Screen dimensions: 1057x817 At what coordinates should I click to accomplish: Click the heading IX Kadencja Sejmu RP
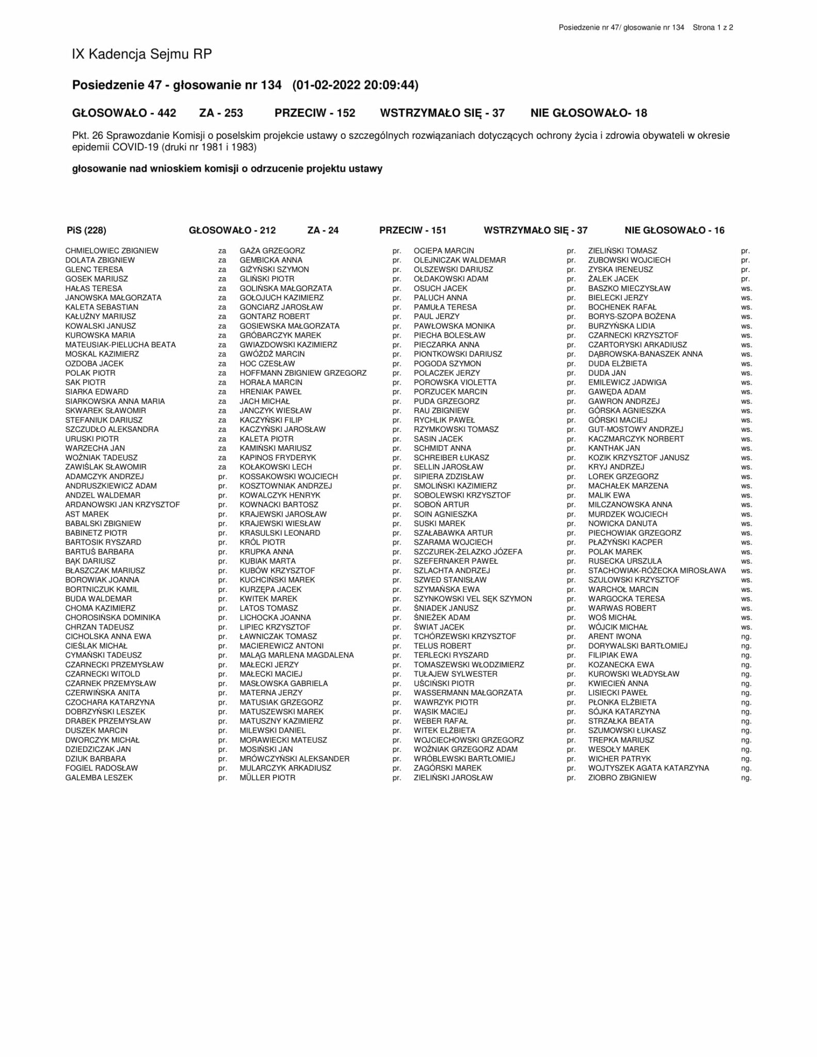142,54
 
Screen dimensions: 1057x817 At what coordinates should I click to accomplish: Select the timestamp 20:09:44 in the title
391,85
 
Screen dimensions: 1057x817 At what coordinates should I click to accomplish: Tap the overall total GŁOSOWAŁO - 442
124,113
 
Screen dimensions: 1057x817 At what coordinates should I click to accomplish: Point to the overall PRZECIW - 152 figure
315,113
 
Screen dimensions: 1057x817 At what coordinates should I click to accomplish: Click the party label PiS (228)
86,230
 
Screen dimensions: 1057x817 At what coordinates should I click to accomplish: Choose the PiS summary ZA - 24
323,230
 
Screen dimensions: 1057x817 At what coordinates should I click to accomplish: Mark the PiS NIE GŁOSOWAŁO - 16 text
674,230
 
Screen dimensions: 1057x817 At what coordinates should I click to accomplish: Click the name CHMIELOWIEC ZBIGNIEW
112,251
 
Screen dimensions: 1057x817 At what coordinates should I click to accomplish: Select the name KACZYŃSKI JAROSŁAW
282,429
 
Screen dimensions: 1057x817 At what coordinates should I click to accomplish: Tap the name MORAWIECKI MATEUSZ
283,740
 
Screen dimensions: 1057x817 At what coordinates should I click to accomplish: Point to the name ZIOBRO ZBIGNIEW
622,778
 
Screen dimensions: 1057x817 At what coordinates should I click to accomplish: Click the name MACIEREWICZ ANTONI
281,646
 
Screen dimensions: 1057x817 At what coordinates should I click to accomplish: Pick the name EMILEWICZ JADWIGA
627,382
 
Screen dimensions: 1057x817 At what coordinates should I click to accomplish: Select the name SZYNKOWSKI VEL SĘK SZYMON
472,599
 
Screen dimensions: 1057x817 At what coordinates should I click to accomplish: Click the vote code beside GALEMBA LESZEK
222,778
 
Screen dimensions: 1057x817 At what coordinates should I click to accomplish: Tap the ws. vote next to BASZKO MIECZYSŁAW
746,289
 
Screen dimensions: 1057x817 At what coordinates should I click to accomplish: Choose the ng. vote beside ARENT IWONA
746,637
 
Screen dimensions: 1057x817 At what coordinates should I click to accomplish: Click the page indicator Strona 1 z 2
713,27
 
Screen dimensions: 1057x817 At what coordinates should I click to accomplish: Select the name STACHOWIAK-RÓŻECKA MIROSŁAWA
656,571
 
